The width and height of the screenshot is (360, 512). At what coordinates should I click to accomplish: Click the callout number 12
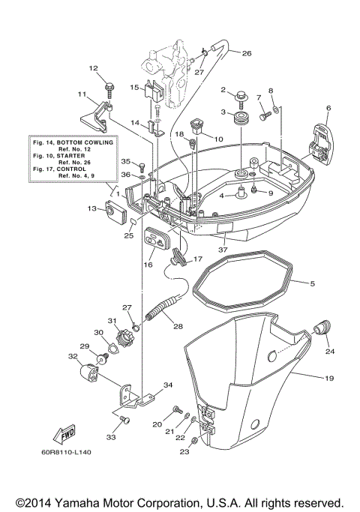coord(94,68)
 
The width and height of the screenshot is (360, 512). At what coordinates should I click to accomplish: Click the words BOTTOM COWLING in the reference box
coord(86,142)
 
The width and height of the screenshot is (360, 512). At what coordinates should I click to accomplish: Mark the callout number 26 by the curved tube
coord(247,52)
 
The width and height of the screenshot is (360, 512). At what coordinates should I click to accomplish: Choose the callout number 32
coord(72,357)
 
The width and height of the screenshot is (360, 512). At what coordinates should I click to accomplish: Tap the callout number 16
coord(148,265)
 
